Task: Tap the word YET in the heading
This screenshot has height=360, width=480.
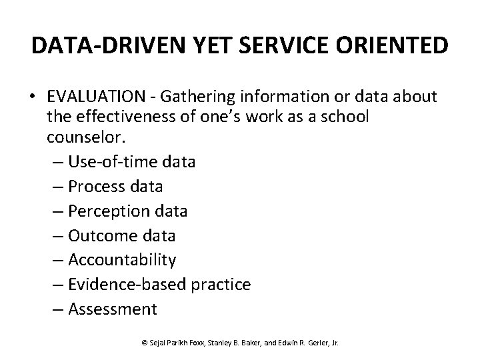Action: (x=190, y=45)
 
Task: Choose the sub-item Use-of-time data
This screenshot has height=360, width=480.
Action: (x=131, y=162)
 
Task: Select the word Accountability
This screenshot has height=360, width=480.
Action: (x=122, y=260)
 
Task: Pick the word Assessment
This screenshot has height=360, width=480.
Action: (x=113, y=309)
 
